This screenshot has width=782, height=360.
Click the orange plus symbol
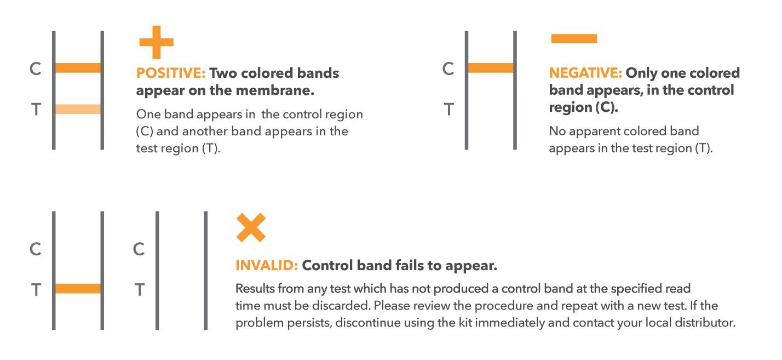[x=157, y=42]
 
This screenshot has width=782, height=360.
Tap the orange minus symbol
[x=574, y=38]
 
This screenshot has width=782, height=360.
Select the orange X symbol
[x=251, y=227]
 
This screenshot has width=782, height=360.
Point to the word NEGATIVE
[x=585, y=73]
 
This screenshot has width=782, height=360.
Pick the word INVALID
[x=267, y=265]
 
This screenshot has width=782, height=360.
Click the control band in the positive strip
[x=78, y=68]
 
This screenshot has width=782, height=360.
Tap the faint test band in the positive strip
[x=78, y=109]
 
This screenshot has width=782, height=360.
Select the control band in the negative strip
[x=491, y=68]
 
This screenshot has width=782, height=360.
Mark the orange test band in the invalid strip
[x=78, y=288]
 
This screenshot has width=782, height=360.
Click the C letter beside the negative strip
[x=449, y=68]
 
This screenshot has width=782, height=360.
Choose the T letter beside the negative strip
[x=449, y=109]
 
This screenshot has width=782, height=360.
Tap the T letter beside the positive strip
[x=36, y=109]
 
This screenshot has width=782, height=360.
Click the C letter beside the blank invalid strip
[x=139, y=249]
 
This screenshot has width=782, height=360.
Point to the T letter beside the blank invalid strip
[x=140, y=290]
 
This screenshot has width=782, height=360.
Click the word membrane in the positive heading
[x=275, y=90]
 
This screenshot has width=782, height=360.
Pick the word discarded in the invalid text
[x=341, y=306]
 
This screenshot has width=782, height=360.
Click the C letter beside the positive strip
[x=36, y=68]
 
